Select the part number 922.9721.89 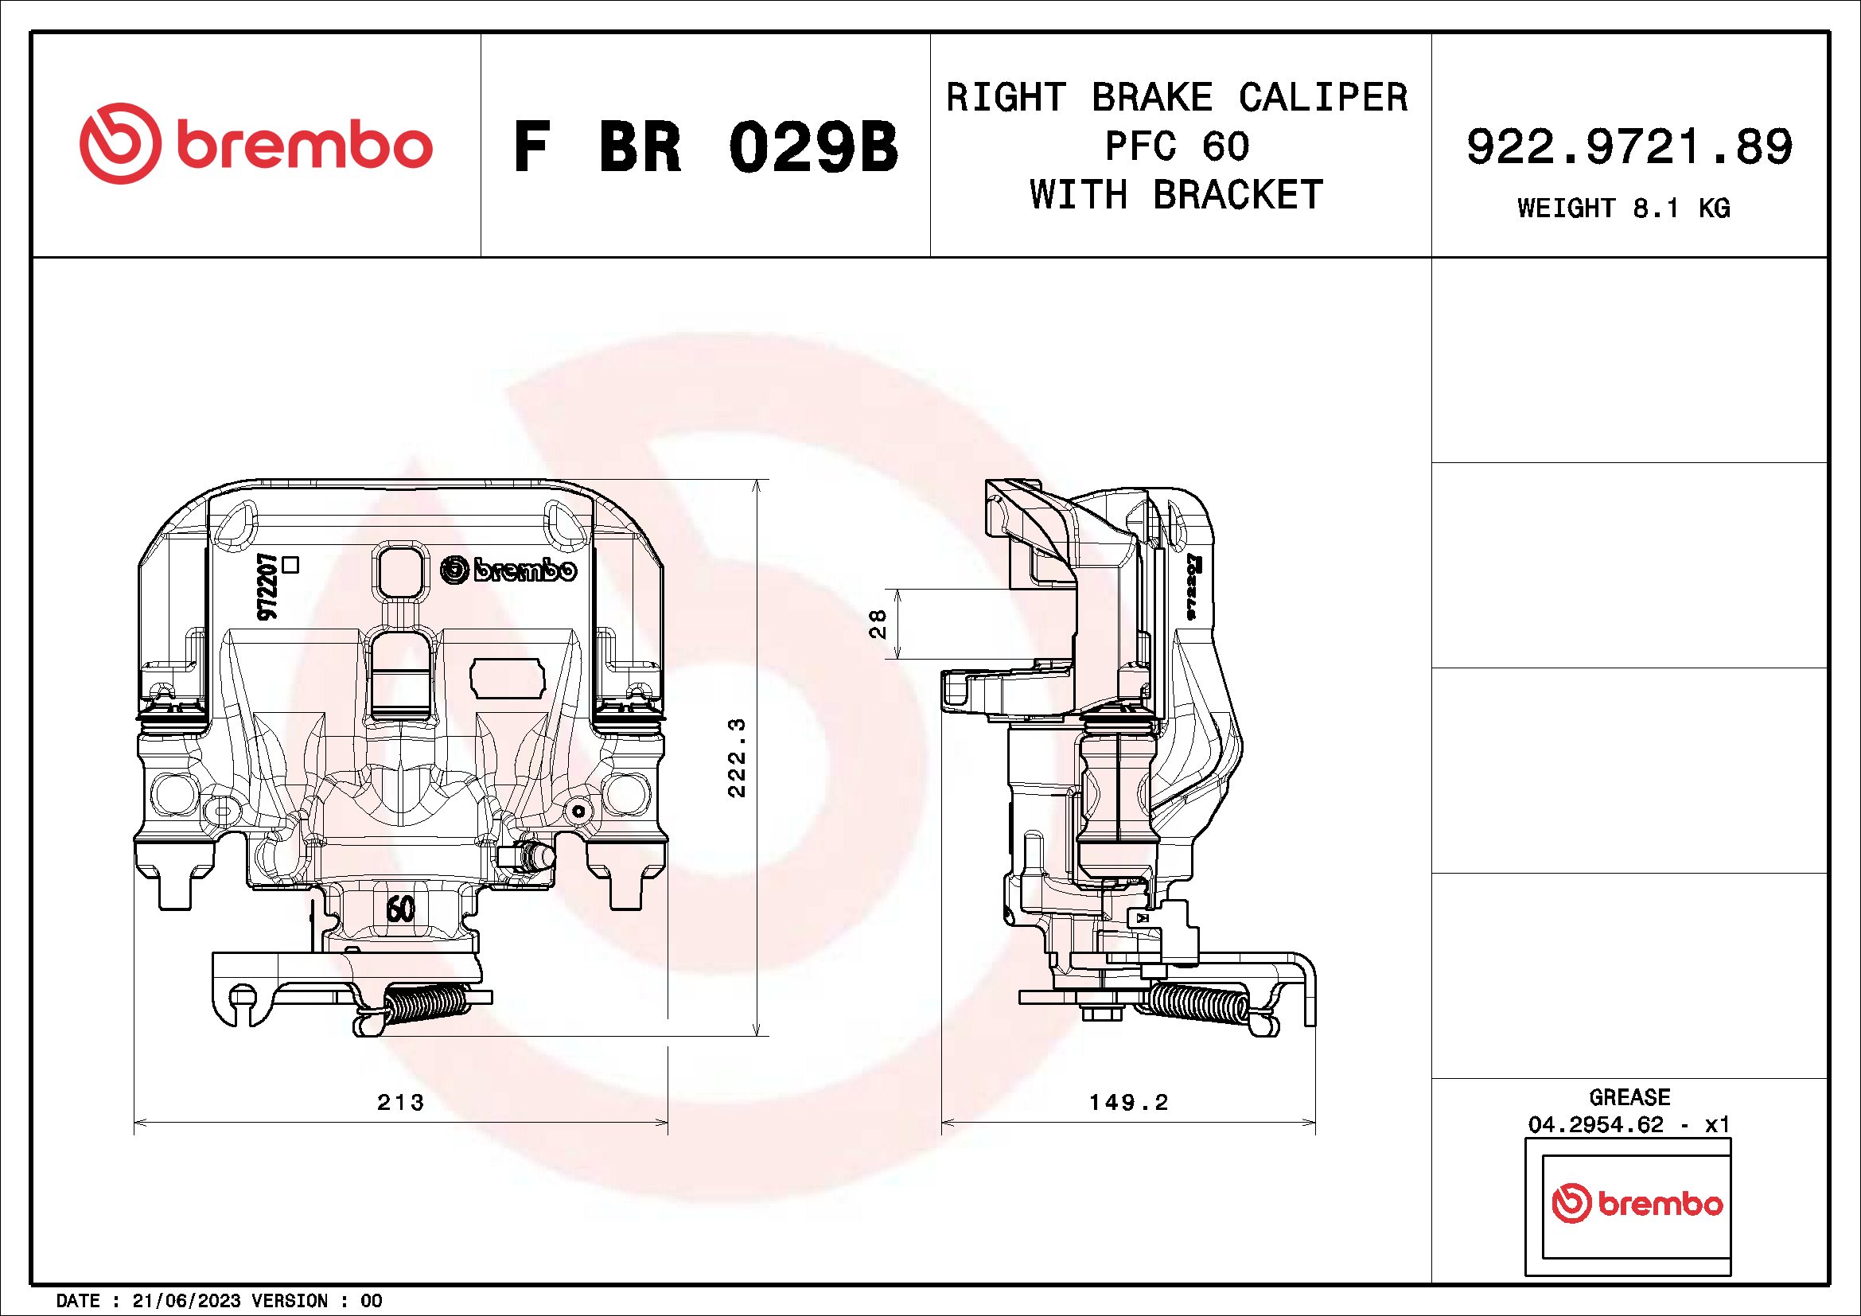(x=1629, y=146)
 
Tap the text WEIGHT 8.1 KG (x=1624, y=208)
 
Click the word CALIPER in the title (x=1323, y=98)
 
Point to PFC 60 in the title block (x=1177, y=146)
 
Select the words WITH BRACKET (x=1177, y=195)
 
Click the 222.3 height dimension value (x=737, y=757)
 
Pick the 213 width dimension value (x=400, y=1102)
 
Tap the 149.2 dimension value (x=1128, y=1102)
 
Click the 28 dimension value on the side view (x=878, y=623)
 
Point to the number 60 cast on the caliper (x=400, y=909)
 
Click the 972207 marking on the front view (x=268, y=587)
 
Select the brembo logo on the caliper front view (x=509, y=570)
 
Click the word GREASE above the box (x=1629, y=1097)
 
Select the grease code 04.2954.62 (x=1595, y=1125)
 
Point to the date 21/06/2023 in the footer (x=186, y=1302)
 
